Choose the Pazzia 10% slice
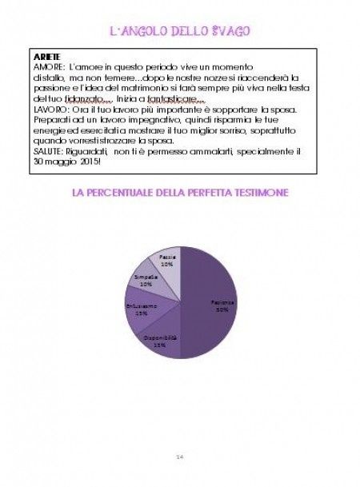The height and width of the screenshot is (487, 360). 168,261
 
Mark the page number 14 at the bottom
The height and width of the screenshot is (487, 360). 180,456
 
